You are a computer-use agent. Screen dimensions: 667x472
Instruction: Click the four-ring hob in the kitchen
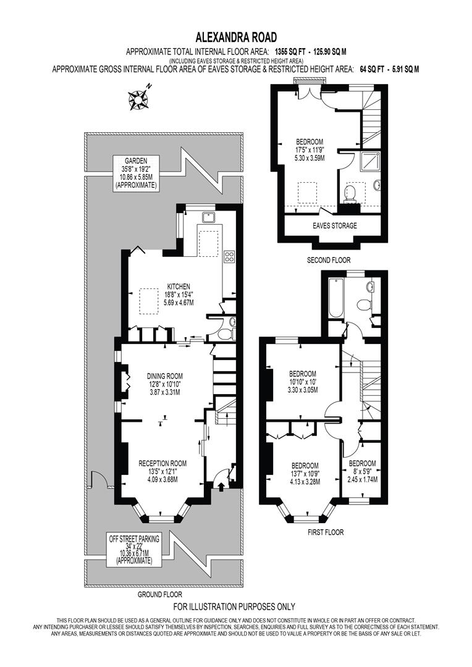[x=229, y=256]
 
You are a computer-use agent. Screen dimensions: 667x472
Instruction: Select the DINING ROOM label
[x=165, y=375]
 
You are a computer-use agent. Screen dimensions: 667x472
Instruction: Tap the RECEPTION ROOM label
[x=162, y=463]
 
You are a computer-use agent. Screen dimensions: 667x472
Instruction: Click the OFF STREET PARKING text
[x=134, y=539]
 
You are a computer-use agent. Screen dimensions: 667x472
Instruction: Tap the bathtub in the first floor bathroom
[x=336, y=298]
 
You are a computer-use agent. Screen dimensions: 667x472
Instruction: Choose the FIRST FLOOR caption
[x=326, y=532]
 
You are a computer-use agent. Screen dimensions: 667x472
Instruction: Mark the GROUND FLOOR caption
[x=160, y=595]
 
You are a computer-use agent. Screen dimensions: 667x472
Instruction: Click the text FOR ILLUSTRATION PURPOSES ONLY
[x=234, y=606]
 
